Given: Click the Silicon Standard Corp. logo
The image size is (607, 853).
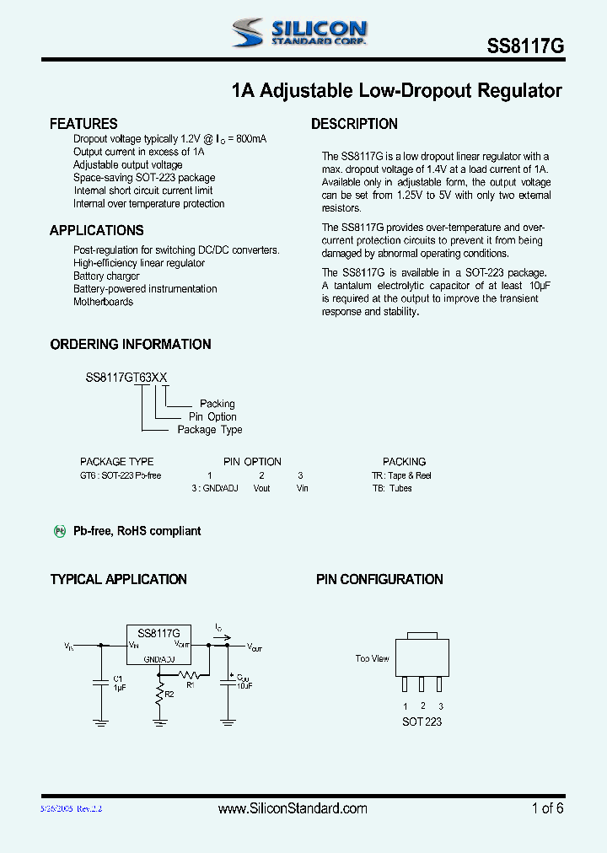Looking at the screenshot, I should point(299,33).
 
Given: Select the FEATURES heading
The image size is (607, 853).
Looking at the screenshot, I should point(83,124).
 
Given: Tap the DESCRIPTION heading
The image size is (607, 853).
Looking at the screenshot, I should point(354,124).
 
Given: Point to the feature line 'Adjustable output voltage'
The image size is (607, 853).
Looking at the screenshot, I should point(127,165).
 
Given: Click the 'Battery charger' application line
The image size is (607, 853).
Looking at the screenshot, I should point(106,276).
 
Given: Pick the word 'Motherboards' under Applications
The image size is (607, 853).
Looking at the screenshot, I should point(103,302).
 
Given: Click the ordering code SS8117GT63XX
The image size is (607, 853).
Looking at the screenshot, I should point(131,378).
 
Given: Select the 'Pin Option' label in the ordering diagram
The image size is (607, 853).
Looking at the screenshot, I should point(212,416).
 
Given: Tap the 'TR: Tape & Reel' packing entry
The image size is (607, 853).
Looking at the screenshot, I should point(401,475).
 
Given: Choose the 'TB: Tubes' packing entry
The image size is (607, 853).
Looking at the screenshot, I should point(392,488).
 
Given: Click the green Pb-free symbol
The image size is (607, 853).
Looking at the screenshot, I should point(60,531).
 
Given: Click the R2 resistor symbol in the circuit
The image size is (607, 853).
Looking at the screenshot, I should point(159,694).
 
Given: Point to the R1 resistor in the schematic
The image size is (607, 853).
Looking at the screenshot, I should point(192,674).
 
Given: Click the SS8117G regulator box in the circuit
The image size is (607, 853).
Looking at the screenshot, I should point(158,645).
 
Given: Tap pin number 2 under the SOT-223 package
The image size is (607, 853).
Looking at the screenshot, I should point(422,706).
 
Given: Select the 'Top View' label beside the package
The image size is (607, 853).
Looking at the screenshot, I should point(373,658).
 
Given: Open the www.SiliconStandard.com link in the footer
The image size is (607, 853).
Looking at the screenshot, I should point(293,808).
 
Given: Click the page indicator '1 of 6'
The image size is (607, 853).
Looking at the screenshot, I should point(547,808).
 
